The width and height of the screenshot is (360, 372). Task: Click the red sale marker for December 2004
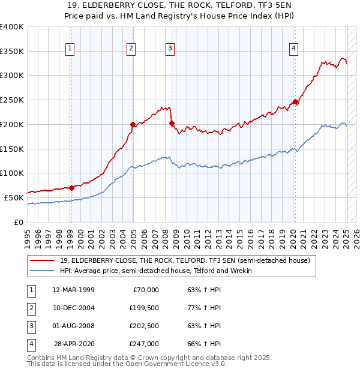[133, 125]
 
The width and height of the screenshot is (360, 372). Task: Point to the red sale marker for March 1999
[71, 188]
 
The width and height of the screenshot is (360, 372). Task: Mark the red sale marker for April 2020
[295, 101]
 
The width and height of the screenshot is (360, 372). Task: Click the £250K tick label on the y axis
[12, 100]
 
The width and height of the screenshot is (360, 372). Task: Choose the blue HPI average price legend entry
[155, 271]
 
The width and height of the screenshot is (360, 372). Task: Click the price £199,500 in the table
[144, 308]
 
